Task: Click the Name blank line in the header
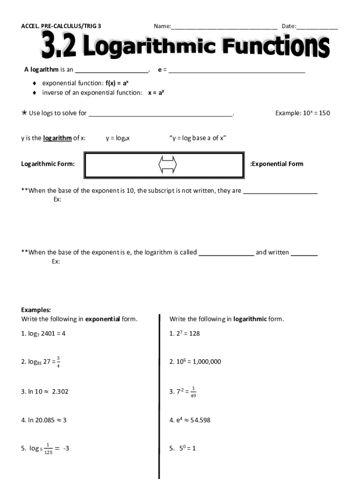(224, 27)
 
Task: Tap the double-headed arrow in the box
(168, 165)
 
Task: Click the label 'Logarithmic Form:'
(48, 164)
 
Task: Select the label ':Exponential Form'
(277, 164)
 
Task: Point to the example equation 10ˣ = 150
(302, 113)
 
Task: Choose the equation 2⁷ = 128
(185, 334)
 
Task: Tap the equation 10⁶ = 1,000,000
(195, 362)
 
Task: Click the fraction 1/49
(194, 392)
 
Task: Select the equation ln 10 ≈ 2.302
(45, 391)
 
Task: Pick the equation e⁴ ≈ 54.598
(190, 420)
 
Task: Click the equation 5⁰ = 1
(183, 448)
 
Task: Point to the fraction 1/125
(48, 449)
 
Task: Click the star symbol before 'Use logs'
(24, 113)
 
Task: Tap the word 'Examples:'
(36, 310)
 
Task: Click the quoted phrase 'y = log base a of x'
(198, 138)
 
